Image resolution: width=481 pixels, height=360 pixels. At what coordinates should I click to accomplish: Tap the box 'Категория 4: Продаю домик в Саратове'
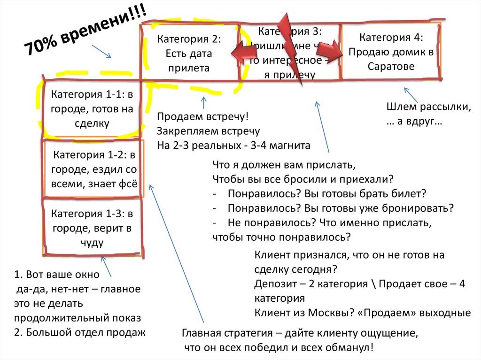tap(391, 52)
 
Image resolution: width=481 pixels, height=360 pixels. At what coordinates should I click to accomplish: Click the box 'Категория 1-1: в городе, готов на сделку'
tap(92, 109)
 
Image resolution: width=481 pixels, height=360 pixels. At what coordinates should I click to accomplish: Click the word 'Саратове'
tap(391, 66)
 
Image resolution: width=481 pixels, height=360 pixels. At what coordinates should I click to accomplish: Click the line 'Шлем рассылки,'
tap(428, 107)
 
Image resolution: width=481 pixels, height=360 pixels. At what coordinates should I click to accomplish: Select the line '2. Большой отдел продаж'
tap(80, 332)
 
